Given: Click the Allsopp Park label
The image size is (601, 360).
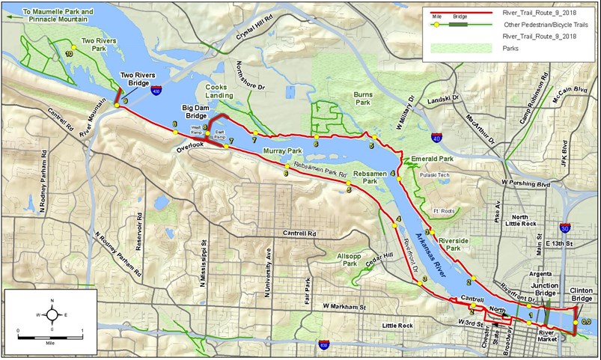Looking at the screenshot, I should coord(345,260).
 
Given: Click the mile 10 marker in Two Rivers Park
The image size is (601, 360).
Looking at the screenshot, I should coord(70,54).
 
